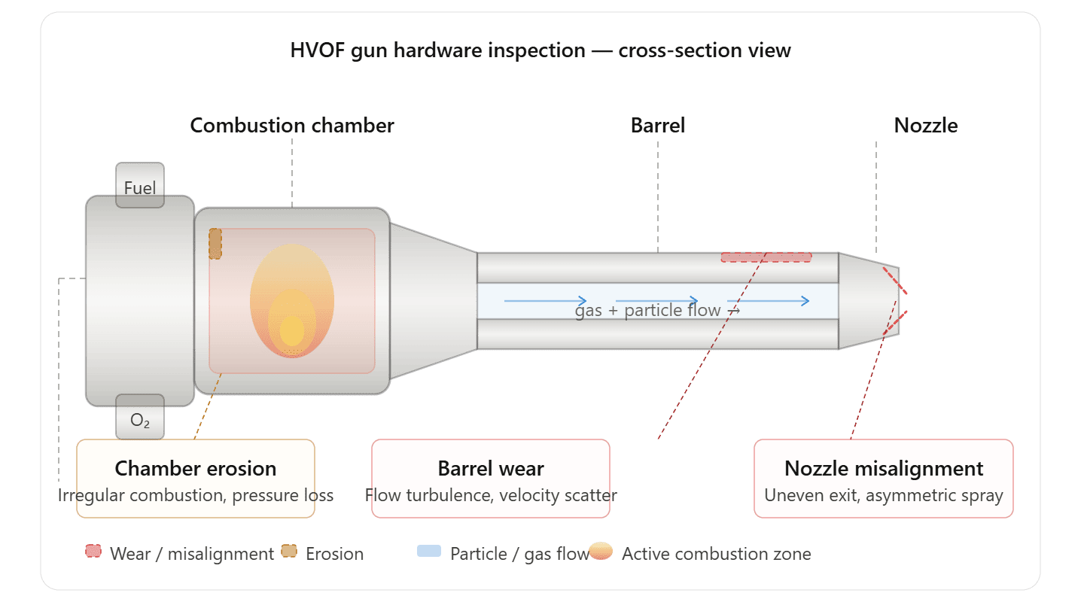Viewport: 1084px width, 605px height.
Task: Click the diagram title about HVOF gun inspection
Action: (x=540, y=50)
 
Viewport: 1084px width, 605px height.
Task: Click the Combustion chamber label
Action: (x=292, y=125)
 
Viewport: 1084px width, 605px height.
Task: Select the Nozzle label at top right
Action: (x=925, y=125)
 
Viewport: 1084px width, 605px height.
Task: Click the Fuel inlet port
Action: (x=140, y=186)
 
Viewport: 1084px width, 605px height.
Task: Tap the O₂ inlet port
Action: (x=140, y=419)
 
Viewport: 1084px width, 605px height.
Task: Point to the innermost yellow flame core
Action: (x=292, y=330)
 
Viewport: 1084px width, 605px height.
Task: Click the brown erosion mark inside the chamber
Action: (x=215, y=244)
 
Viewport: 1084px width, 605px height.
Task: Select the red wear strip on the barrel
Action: (x=766, y=257)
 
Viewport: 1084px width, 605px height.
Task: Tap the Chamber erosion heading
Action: (x=196, y=468)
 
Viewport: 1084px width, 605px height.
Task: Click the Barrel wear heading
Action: (x=491, y=468)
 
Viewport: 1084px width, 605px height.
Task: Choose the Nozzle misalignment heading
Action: (x=884, y=468)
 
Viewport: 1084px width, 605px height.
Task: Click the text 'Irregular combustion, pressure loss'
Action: (x=196, y=495)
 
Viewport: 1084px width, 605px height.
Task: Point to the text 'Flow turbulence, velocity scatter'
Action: (x=491, y=495)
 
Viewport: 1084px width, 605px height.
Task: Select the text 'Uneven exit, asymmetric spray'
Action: (x=884, y=495)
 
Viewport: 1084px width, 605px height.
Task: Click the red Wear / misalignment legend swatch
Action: (x=94, y=552)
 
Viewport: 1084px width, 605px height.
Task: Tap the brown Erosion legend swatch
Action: (x=289, y=552)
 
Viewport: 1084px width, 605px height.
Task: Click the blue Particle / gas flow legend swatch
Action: (x=429, y=552)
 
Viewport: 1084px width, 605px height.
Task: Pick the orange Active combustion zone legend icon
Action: (x=601, y=552)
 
